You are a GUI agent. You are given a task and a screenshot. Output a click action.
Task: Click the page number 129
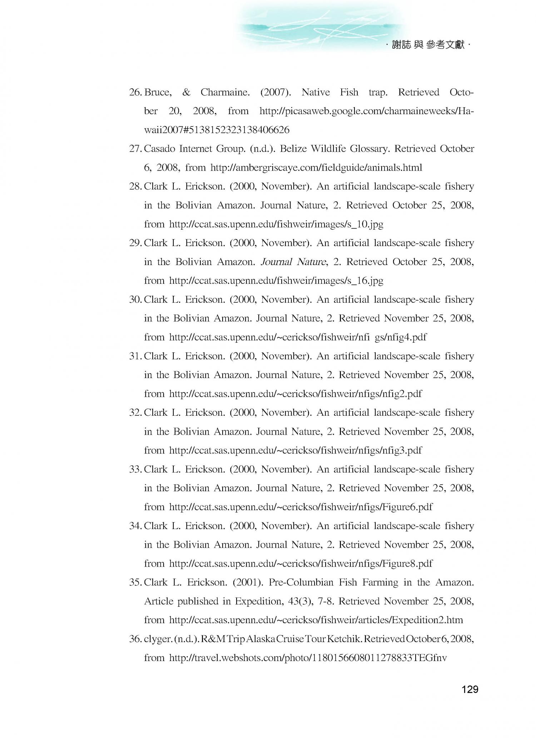470,689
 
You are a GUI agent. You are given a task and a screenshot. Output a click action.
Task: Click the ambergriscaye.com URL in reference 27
316,167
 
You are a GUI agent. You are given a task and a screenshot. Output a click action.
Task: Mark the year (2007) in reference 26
275,92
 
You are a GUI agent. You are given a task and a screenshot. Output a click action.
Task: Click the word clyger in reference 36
158,639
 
